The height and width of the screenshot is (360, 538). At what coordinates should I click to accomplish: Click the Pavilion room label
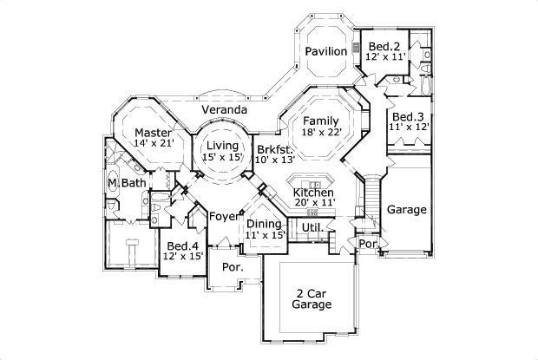coord(326,52)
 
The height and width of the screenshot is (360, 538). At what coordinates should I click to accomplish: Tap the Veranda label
coord(226,111)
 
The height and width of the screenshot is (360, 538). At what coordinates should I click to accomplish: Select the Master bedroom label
coord(153,133)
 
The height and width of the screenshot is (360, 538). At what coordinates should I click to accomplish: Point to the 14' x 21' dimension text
coord(154,144)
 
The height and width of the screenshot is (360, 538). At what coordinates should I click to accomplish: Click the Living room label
coord(221,147)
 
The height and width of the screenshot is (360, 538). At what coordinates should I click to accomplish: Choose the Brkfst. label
coord(275,149)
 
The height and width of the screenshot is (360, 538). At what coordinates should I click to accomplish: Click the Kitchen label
coord(313,192)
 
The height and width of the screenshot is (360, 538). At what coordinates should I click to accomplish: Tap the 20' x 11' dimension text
coord(314,203)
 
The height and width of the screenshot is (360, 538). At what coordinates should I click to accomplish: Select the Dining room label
coord(265,224)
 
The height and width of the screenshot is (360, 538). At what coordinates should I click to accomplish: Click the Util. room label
coord(312,228)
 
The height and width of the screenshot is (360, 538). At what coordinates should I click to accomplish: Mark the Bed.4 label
coord(183,245)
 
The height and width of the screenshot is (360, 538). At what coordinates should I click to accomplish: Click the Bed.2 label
coord(384,46)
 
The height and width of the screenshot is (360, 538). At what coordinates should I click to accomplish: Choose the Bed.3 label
coord(406,117)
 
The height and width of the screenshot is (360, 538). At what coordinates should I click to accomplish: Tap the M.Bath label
coord(127,183)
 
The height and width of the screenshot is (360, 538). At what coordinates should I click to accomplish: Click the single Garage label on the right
coord(406,210)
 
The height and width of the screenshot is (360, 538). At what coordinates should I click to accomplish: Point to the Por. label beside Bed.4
coord(232,267)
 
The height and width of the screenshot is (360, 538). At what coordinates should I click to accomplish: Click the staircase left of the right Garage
coord(371,200)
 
